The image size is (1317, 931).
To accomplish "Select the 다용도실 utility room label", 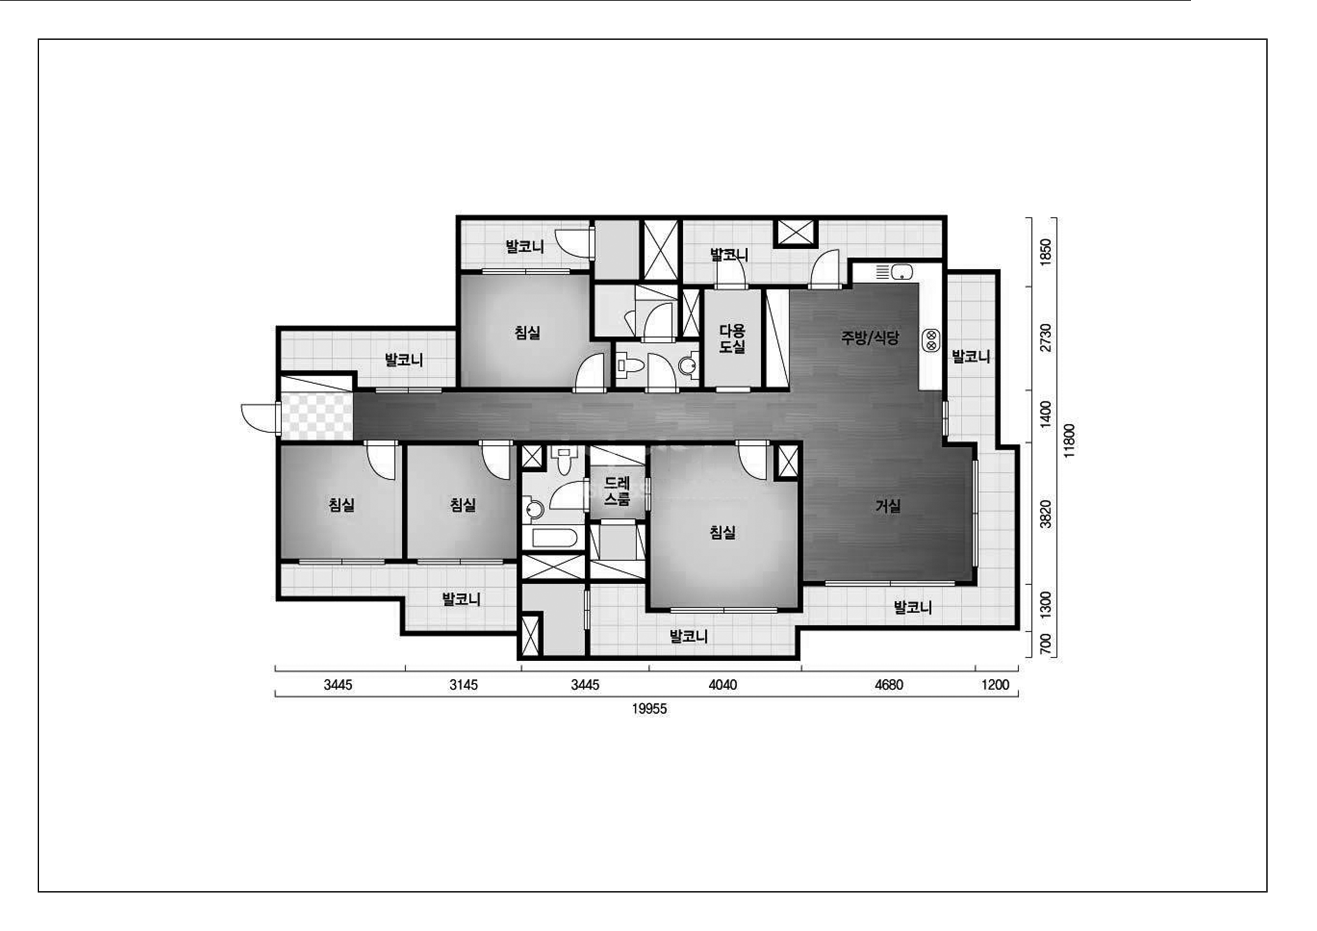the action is [x=732, y=338].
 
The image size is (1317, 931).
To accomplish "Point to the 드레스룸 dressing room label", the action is [x=617, y=490].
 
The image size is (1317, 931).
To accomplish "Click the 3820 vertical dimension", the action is [x=1046, y=514].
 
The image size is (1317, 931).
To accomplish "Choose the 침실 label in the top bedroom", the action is [x=527, y=333].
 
